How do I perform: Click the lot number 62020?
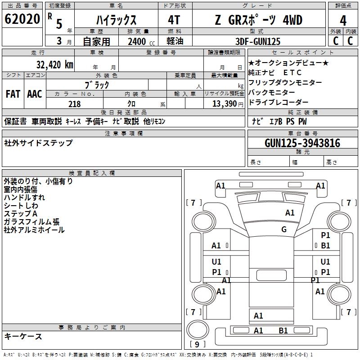tap(22, 20)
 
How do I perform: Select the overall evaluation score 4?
tap(343, 21)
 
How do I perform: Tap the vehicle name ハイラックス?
tap(117, 21)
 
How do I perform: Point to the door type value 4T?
tap(175, 21)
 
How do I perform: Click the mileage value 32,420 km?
tap(54, 64)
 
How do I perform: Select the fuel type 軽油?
tap(175, 41)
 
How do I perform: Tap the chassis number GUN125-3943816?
tap(302, 143)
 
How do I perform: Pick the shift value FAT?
tap(13, 94)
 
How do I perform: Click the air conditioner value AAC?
tap(35, 94)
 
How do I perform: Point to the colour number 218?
tap(75, 104)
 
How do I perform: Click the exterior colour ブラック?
tap(97, 85)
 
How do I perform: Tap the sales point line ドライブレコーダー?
tap(279, 103)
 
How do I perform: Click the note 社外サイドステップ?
tap(38, 143)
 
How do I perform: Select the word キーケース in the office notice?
tap(23, 337)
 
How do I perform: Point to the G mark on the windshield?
tap(284, 229)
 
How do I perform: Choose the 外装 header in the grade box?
tap(335, 31)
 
